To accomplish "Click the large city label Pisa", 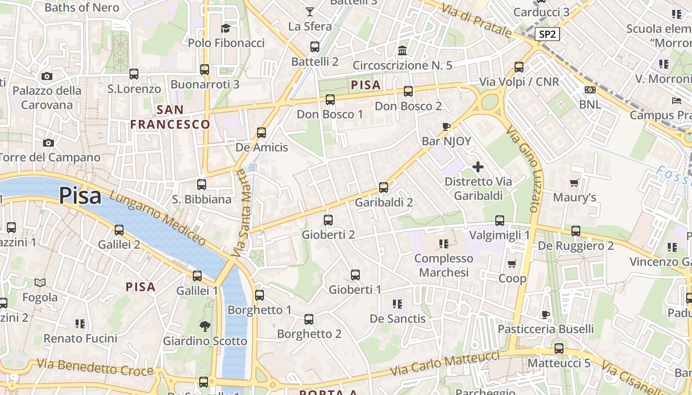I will (80, 196).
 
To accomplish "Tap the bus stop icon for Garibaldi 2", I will (384, 188).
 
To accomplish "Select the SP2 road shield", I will (547, 34).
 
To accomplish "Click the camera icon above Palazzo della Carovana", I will (47, 76).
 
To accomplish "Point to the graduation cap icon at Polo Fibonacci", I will (226, 28).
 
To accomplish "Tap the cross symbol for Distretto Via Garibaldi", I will (478, 167).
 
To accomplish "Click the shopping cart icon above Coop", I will (512, 264).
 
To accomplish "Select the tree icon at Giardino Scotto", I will (205, 326).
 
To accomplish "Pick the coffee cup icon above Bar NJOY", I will (446, 126).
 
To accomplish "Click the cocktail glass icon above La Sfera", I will (310, 11).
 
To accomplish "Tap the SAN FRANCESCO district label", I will (171, 117).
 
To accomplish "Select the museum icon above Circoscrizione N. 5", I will (402, 50).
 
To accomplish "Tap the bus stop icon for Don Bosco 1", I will (330, 100).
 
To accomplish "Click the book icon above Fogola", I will (40, 282).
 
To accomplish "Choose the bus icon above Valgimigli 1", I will (500, 220).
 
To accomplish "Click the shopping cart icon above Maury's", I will (574, 183).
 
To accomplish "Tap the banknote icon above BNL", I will (590, 90).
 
